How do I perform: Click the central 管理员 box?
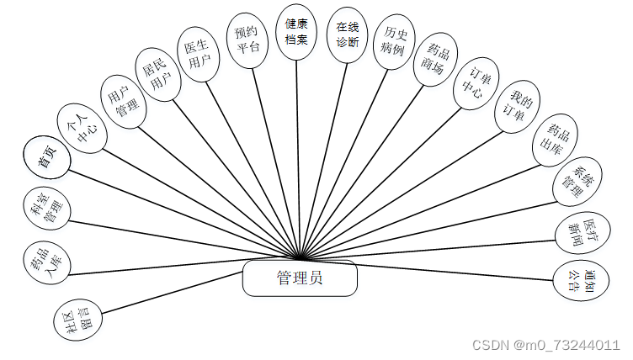(x=299, y=278)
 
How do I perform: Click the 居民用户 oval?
(x=159, y=73)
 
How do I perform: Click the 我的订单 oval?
(x=516, y=109)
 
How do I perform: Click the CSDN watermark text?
(x=545, y=346)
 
